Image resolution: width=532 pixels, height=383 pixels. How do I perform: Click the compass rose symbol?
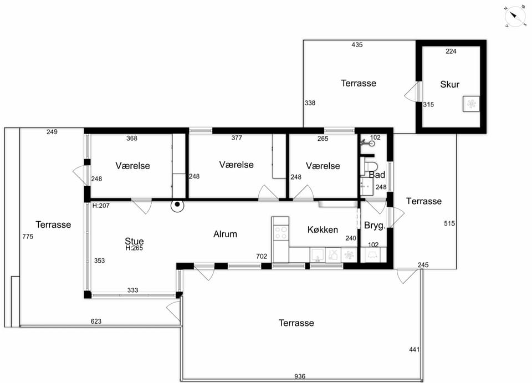click(515, 16)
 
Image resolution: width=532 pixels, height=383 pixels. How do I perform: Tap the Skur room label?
click(449, 84)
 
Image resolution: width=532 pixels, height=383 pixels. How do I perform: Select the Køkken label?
click(323, 229)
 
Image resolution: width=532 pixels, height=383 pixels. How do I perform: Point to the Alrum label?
click(225, 234)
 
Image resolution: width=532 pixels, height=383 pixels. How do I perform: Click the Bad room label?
click(377, 175)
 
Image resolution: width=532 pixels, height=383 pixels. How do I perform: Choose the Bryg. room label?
click(375, 226)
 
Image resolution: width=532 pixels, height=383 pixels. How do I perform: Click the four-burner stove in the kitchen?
click(280, 233)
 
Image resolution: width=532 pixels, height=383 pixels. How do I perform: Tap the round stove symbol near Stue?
click(177, 205)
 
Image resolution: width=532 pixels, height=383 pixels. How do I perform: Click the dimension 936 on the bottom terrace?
click(300, 376)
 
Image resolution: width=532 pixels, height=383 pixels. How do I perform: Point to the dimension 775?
click(28, 237)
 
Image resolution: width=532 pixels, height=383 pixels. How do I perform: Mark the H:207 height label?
click(101, 205)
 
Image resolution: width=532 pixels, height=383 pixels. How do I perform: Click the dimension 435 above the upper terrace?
click(357, 44)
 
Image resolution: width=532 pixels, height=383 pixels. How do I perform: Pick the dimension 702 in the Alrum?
click(262, 256)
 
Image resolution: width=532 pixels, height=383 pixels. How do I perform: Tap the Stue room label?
click(134, 241)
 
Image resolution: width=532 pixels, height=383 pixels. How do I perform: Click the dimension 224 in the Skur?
click(451, 51)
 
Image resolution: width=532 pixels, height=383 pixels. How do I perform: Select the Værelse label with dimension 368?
click(132, 166)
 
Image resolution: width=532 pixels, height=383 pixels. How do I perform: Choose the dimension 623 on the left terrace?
click(96, 321)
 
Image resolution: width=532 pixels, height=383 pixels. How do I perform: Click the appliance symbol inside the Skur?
click(471, 104)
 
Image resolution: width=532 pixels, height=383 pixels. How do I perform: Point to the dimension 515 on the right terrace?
click(449, 223)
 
